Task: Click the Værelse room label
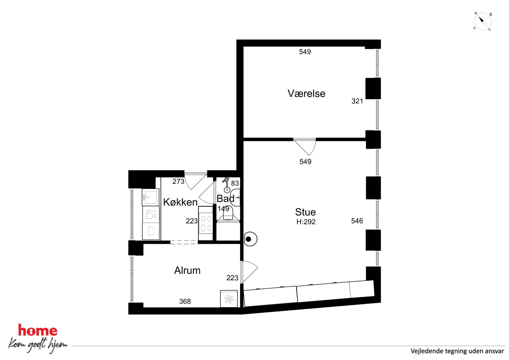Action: [306, 94]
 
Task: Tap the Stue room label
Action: [305, 212]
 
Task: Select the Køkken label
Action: [180, 202]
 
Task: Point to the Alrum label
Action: [187, 270]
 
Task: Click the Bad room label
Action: [226, 199]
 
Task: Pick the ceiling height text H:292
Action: [306, 222]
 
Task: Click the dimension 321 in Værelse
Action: [357, 101]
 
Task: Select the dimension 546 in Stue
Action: [357, 221]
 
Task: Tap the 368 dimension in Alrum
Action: [185, 301]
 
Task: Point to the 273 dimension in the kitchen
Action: [178, 181]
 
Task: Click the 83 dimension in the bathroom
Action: [235, 183]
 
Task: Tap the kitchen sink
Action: [150, 197]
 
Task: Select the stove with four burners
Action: [206, 223]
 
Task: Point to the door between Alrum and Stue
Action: [249, 272]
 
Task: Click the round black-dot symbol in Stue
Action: [250, 239]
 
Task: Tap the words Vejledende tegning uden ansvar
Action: [457, 351]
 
